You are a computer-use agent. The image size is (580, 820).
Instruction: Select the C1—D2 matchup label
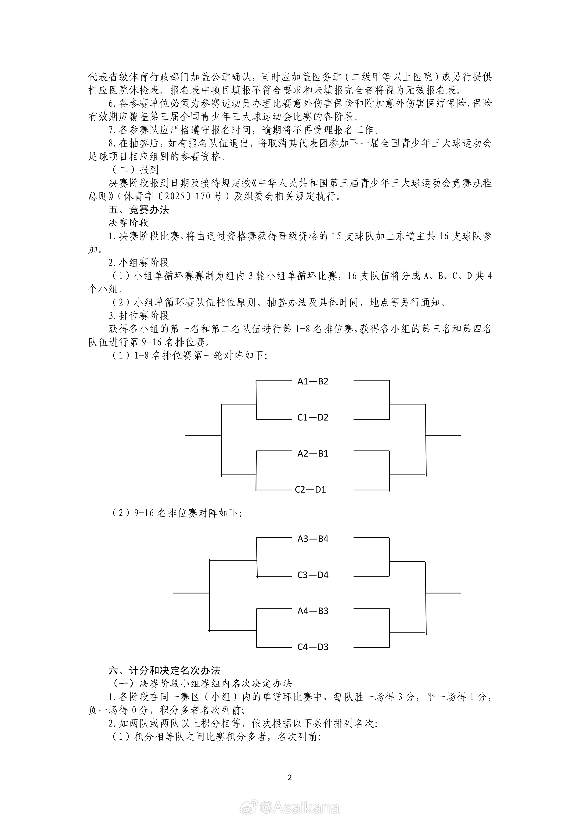pyautogui.click(x=313, y=417)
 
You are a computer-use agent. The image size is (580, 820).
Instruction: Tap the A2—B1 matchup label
pyautogui.click(x=313, y=453)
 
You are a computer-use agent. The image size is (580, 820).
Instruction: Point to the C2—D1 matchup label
pyautogui.click(x=310, y=490)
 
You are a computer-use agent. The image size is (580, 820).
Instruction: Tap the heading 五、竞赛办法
pyautogui.click(x=139, y=210)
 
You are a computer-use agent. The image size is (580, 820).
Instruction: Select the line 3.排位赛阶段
pyautogui.click(x=139, y=316)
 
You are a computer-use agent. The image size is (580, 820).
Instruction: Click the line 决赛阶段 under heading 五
pyautogui.click(x=129, y=223)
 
